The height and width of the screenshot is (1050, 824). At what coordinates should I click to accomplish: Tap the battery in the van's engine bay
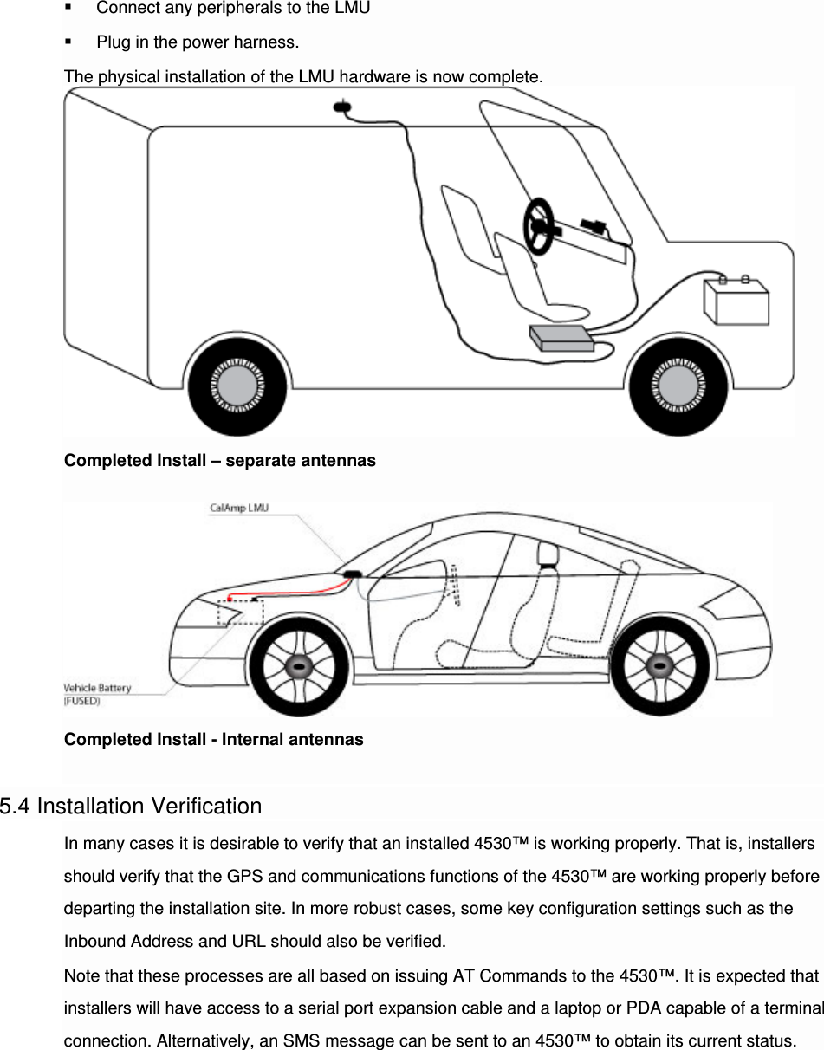(x=736, y=301)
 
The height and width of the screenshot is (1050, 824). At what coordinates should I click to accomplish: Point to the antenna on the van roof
(x=343, y=107)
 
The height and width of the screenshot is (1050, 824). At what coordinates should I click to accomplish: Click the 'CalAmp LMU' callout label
(x=239, y=508)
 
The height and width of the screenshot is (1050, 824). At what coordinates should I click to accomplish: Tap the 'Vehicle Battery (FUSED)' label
(x=97, y=694)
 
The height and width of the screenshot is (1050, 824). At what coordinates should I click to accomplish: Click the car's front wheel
(x=299, y=669)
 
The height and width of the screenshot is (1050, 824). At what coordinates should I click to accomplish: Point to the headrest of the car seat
(x=546, y=552)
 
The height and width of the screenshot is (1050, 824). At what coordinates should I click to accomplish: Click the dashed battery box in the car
(x=240, y=612)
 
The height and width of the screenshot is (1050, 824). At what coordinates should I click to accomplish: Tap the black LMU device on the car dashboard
(x=352, y=574)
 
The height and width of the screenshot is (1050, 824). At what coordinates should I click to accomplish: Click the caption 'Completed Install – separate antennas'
(x=220, y=461)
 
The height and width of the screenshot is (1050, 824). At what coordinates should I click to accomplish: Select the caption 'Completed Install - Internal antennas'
(x=214, y=740)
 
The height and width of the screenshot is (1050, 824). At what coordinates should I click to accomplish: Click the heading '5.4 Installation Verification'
(x=131, y=807)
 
